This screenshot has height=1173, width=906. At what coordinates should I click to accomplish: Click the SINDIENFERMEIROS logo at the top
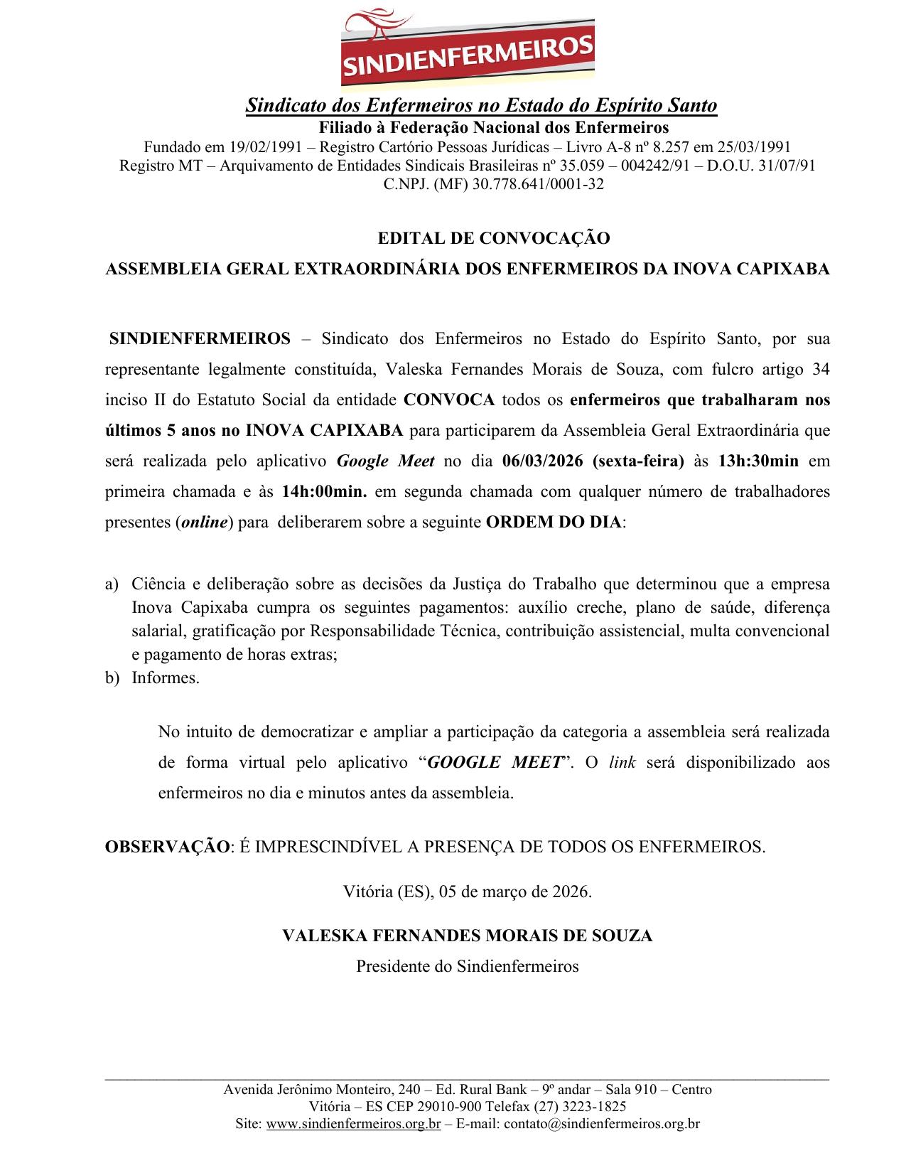(x=468, y=48)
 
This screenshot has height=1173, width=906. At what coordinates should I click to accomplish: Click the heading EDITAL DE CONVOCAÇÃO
(x=493, y=239)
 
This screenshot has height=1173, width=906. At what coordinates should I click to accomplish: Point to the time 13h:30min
(x=758, y=461)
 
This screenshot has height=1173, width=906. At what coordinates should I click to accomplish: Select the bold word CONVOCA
(x=448, y=400)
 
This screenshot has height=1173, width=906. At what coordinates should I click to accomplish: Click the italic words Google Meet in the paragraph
(x=385, y=461)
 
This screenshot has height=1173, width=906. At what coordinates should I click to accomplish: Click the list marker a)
(x=111, y=584)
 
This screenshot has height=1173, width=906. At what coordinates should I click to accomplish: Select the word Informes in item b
(x=165, y=677)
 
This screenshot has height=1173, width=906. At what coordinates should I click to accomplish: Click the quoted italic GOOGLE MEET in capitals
(x=496, y=762)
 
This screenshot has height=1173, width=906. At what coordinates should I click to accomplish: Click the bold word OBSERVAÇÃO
(x=168, y=847)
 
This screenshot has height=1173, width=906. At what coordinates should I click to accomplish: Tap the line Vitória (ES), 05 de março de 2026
(x=467, y=891)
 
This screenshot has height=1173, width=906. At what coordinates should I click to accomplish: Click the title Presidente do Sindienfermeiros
(x=467, y=966)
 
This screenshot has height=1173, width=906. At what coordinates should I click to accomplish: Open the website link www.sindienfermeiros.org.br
(x=353, y=1124)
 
